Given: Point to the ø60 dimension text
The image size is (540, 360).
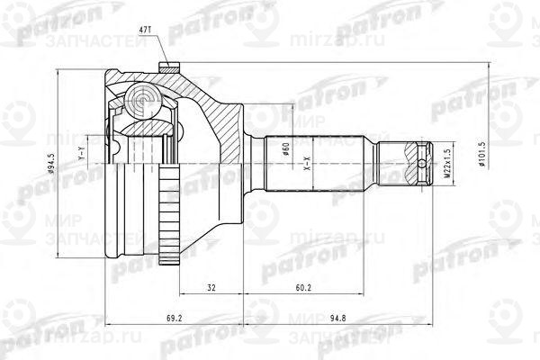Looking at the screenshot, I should [x=285, y=152].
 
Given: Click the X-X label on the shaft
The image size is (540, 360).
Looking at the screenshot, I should [x=308, y=172].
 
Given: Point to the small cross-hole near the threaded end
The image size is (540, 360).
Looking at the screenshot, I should [x=425, y=164].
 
